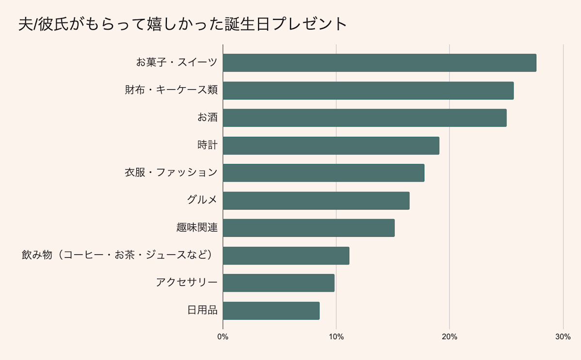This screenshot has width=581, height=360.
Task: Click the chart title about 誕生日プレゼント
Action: pyautogui.click(x=183, y=24)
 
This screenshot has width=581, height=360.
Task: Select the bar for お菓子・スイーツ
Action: pyautogui.click(x=379, y=63)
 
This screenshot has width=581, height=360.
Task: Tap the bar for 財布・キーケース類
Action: pyautogui.click(x=368, y=91)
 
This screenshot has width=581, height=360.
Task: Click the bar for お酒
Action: pyautogui.click(x=365, y=118)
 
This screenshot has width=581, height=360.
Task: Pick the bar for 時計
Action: pyautogui.click(x=331, y=146)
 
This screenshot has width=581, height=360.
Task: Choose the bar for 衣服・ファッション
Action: pyautogui.click(x=323, y=173)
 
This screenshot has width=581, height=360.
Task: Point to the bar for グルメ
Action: pyautogui.click(x=316, y=200)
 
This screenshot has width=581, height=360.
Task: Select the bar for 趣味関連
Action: pyautogui.click(x=308, y=228)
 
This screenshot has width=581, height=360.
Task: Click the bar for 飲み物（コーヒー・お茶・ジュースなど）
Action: pyautogui.click(x=286, y=256)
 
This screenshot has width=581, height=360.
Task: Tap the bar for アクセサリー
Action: pyautogui.click(x=278, y=283)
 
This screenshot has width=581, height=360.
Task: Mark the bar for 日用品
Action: pyautogui.click(x=271, y=311)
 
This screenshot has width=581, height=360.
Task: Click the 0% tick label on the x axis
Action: pyautogui.click(x=223, y=337)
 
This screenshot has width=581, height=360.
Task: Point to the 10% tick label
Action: pyautogui.click(x=336, y=337)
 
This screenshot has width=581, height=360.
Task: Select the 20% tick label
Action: pyautogui.click(x=450, y=337)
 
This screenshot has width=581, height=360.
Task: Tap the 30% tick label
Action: pyautogui.click(x=563, y=337)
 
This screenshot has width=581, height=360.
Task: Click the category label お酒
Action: pyautogui.click(x=207, y=117)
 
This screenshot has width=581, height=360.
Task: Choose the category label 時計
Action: pyautogui.click(x=207, y=145)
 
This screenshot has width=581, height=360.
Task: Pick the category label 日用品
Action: pyautogui.click(x=202, y=311)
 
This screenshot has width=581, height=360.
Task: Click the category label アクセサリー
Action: pyautogui.click(x=187, y=283)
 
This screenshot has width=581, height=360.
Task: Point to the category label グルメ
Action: pyautogui.click(x=202, y=200)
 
